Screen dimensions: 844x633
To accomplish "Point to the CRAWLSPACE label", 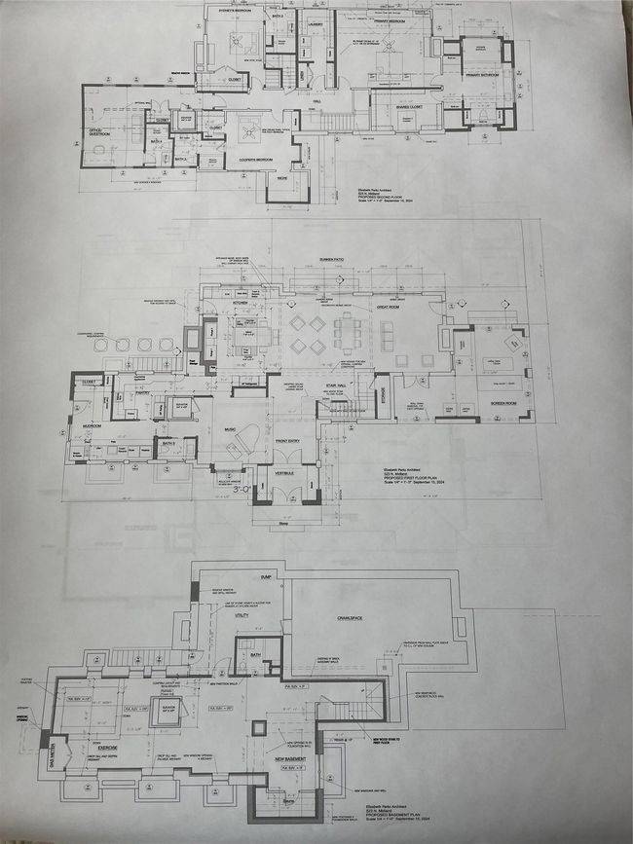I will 351,617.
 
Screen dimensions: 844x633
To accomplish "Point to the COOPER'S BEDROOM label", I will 250,159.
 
